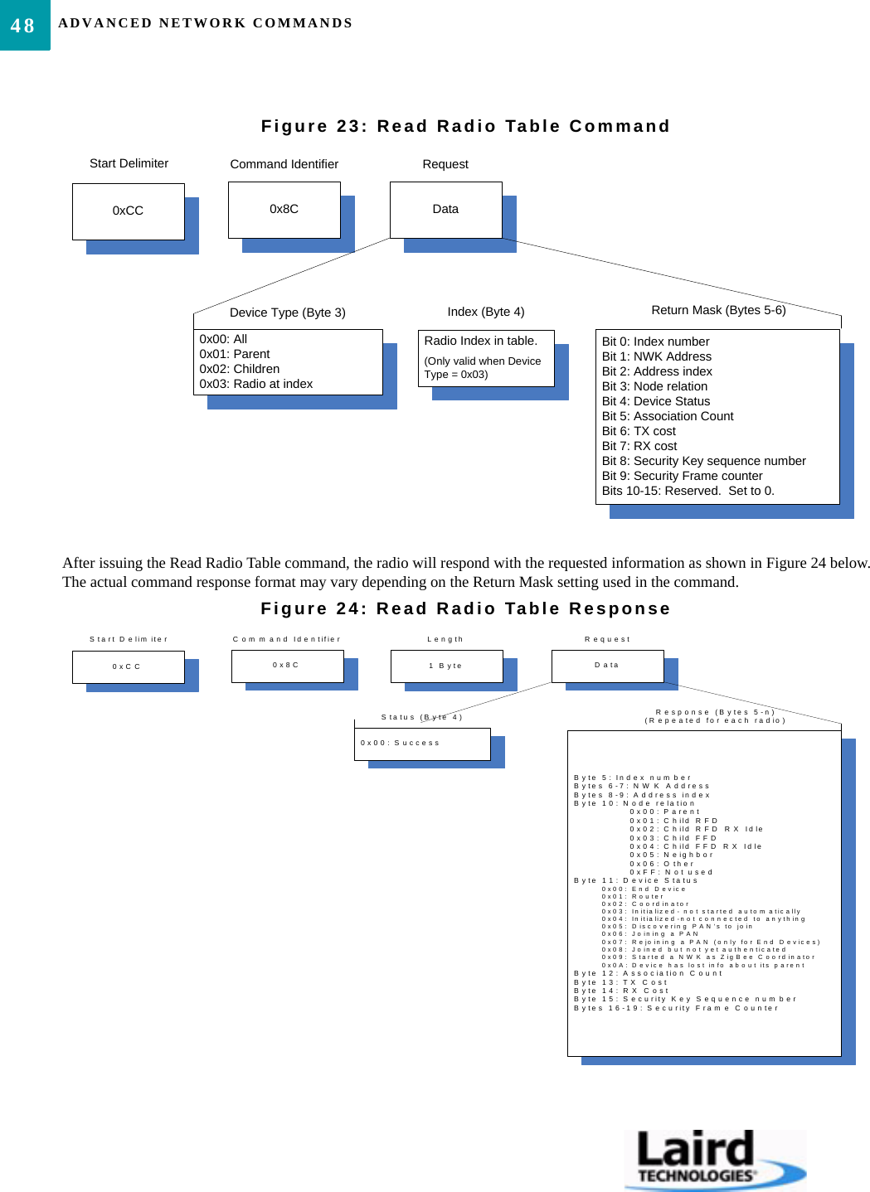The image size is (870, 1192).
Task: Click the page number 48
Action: pos(23,26)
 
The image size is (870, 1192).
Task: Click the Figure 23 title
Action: pos(465,126)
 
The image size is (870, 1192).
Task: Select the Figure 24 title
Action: pos(465,608)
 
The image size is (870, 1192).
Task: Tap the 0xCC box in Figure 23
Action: pos(129,211)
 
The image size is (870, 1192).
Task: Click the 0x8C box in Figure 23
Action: pos(284,210)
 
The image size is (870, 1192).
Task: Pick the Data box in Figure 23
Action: pos(446,210)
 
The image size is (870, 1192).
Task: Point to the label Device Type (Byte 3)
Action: pos(288,313)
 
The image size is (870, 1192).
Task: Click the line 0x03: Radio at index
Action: pos(256,384)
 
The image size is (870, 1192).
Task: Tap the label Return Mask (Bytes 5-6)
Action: pos(718,310)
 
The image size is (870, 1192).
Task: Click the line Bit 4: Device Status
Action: pos(656,401)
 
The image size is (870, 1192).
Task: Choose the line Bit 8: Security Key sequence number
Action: pos(704,461)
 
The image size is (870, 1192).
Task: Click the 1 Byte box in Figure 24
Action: pos(446,666)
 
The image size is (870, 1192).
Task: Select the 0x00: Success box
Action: pos(422,744)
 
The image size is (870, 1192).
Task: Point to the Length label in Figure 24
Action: pos(445,639)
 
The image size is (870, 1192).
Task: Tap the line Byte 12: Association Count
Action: pos(649,973)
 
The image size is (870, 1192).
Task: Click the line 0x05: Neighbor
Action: pos(672,855)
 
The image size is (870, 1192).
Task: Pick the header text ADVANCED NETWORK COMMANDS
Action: pos(206,23)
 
